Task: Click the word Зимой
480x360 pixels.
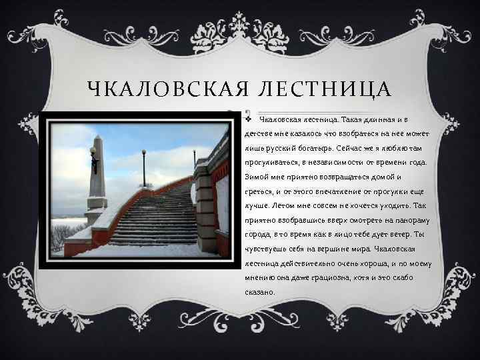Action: coord(257,178)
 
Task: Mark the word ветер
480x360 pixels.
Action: coord(393,235)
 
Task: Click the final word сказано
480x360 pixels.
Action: coord(259,293)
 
